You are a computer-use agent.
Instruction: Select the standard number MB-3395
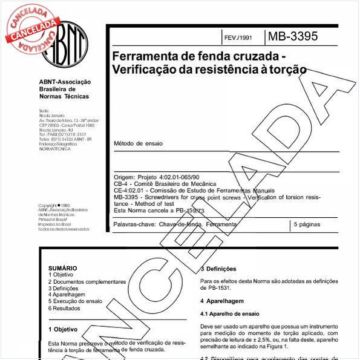pos(292,36)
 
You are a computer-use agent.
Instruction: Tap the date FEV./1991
pos(238,38)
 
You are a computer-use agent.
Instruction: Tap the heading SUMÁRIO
pos(62,267)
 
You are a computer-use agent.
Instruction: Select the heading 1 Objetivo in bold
pos(62,330)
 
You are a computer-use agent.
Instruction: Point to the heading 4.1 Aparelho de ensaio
pos(229,314)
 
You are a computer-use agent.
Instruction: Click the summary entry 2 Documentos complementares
pos(87,281)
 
